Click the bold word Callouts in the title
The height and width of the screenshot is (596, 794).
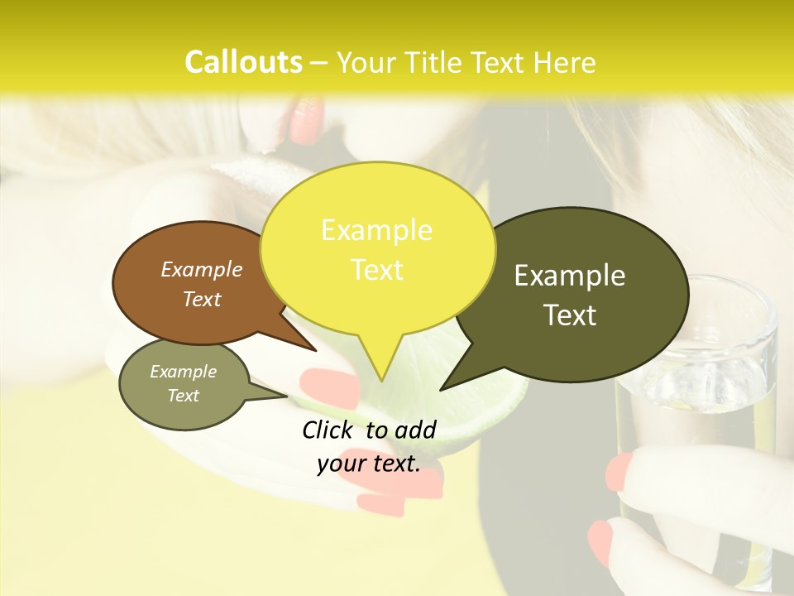tap(243, 62)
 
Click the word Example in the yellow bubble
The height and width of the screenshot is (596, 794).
tap(376, 230)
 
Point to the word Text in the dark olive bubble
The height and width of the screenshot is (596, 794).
tap(570, 315)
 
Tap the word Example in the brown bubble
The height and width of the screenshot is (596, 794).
tap(202, 269)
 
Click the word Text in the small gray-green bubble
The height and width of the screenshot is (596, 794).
tap(184, 396)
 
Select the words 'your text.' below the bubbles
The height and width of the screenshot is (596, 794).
tap(369, 464)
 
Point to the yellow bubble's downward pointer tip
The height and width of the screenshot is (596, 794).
tap(380, 379)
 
